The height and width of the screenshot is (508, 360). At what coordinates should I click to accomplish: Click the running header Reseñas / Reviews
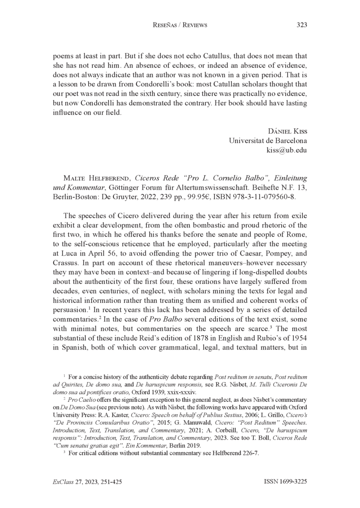tap(180, 25)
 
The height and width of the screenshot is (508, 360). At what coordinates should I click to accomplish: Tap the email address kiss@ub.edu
tap(287, 150)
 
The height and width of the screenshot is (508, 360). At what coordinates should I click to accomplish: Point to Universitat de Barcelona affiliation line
tap(268, 140)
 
